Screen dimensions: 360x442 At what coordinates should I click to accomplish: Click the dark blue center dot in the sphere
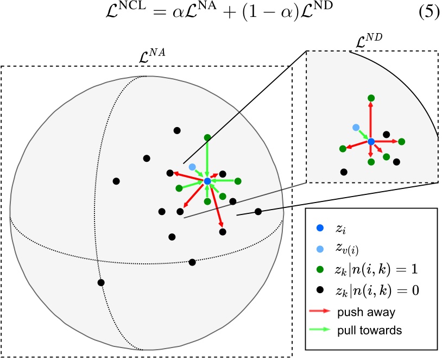tap(207, 181)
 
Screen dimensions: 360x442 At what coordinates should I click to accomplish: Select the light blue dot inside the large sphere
tap(192, 167)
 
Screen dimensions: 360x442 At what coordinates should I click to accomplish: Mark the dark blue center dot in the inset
tap(371, 142)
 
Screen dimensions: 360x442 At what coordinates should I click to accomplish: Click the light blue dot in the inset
tap(356, 127)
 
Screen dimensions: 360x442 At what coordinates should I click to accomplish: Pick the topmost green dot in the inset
tap(371, 98)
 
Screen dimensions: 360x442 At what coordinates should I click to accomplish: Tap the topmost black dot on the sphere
tap(176, 130)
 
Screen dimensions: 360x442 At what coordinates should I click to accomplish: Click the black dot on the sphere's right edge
tap(258, 211)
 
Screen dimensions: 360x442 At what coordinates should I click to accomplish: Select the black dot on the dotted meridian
tap(101, 282)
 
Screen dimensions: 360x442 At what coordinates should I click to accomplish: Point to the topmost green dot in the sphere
tap(207, 138)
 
